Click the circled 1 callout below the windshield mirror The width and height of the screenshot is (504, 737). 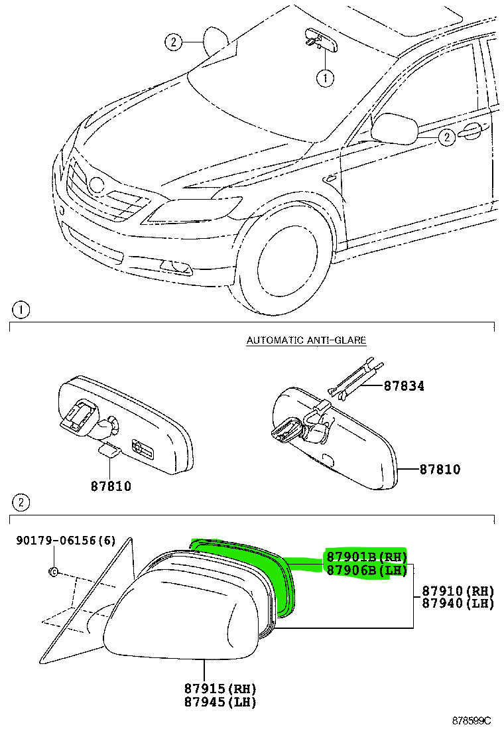(x=324, y=79)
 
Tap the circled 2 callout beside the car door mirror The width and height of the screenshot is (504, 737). (x=447, y=137)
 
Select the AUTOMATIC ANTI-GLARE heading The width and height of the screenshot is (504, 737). (x=306, y=340)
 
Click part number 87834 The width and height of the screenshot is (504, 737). (x=403, y=385)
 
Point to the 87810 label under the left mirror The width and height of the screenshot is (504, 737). (x=111, y=486)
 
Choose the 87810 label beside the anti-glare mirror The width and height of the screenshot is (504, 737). (x=440, y=470)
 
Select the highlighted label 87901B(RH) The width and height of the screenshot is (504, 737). (x=365, y=557)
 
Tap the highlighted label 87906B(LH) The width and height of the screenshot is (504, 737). (x=365, y=570)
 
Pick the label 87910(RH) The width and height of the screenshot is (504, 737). (x=458, y=590)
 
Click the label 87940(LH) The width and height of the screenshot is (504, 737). (x=458, y=603)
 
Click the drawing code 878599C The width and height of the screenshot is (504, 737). (x=472, y=720)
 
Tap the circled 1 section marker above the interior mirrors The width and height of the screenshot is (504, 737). (x=21, y=310)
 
